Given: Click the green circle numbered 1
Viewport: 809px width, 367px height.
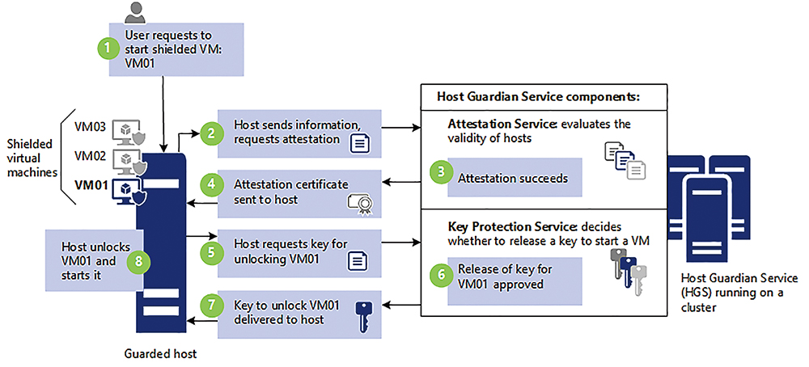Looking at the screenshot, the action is coord(108,48).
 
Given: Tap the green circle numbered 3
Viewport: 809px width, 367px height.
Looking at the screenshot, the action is coord(441,173).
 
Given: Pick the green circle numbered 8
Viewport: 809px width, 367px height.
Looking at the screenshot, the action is coord(139,261).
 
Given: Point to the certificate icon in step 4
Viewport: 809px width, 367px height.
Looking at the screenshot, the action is coord(360,205).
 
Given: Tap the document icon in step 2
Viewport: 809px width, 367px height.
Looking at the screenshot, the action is coord(360,143).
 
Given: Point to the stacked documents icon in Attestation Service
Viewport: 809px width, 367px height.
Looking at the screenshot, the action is coord(625,160).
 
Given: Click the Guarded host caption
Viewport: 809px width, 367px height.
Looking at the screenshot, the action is coord(160,354).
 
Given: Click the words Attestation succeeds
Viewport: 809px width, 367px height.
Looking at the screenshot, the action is coord(513,179).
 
